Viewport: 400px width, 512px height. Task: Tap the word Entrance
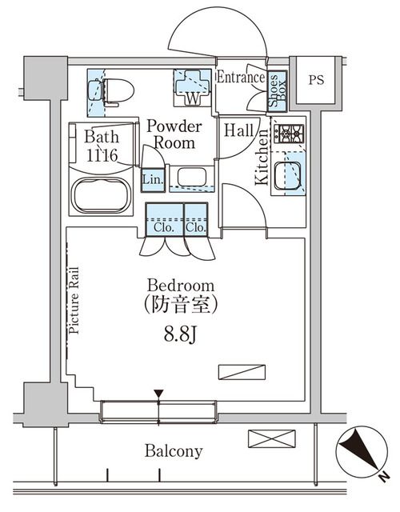(x=241, y=78)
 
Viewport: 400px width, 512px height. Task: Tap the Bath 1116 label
(x=101, y=144)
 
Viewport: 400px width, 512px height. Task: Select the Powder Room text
(x=174, y=135)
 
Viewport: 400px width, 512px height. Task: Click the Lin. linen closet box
(x=152, y=180)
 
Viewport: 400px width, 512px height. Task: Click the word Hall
(x=239, y=130)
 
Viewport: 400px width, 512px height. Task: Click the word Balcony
(x=174, y=451)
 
